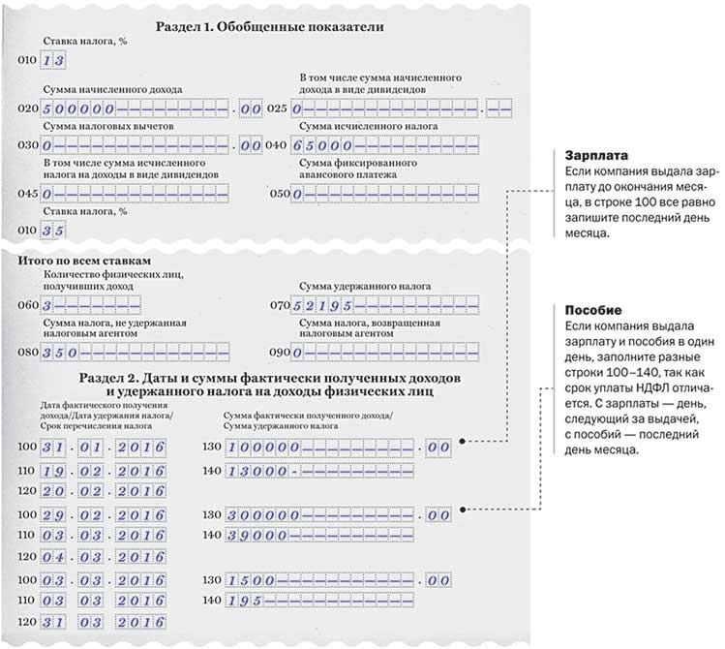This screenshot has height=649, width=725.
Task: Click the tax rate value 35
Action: [x=52, y=230]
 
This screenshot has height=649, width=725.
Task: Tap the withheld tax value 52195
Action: [x=323, y=305]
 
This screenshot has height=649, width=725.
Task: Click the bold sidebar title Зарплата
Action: [x=591, y=155]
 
